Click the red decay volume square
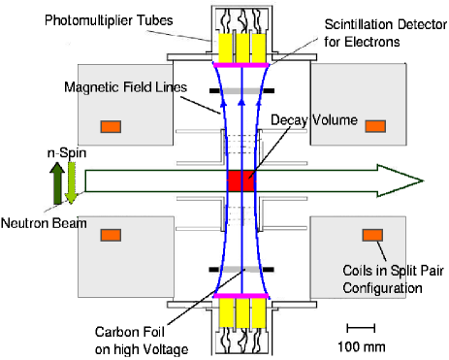(x=240, y=180)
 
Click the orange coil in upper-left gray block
(x=112, y=126)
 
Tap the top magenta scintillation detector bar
(x=240, y=64)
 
